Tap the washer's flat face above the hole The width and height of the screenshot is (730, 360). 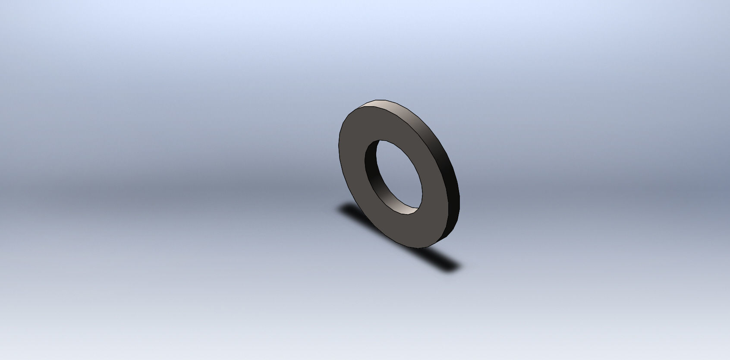pos(380,123)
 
